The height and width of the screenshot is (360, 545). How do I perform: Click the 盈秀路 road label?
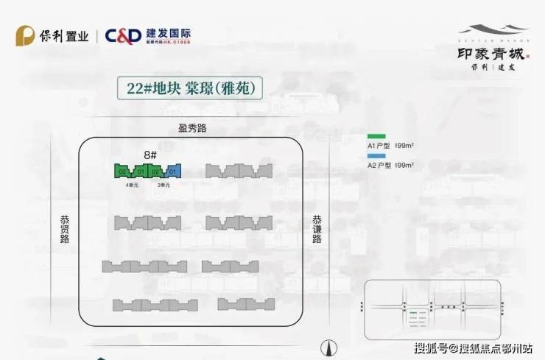192,128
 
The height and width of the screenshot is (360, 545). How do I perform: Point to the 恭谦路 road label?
317,232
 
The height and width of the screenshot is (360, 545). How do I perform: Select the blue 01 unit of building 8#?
174,172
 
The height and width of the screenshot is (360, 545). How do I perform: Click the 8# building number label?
150,155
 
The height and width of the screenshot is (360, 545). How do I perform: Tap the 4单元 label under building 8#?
131,185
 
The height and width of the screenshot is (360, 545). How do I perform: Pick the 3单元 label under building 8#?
163,185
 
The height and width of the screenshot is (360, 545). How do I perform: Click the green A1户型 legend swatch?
376,137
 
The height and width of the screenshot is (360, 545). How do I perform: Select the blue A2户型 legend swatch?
376,157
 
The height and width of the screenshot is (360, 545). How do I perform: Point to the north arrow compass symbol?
329,345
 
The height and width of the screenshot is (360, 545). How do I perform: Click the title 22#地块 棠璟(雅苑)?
189,88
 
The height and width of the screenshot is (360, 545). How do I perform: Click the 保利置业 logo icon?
26,35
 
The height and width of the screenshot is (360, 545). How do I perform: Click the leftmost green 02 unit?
122,172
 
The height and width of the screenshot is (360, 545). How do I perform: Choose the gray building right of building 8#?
239,172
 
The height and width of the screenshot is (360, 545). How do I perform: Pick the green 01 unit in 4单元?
139,172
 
